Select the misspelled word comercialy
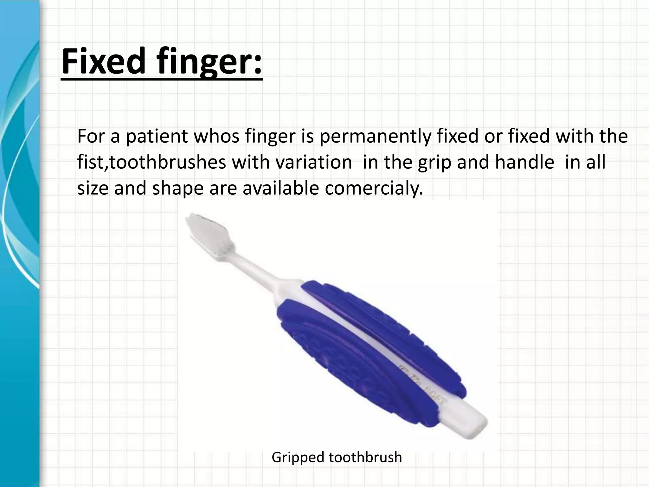click(x=374, y=189)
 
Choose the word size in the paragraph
click(x=93, y=189)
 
